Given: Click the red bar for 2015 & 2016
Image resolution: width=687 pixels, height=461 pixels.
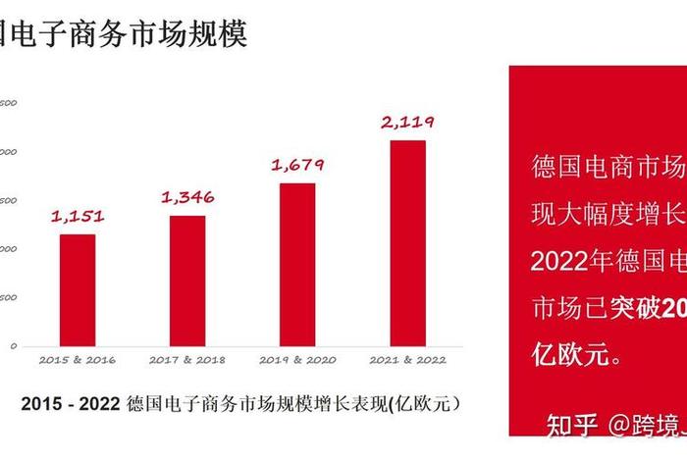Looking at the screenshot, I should (78, 289).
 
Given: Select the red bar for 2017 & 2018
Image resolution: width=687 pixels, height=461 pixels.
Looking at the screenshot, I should (187, 281).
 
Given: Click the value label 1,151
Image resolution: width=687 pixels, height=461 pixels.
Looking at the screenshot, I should (78, 216).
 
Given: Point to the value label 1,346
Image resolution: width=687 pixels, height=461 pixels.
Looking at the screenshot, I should (187, 197).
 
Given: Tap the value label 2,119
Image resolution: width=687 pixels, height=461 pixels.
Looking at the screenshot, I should (407, 123).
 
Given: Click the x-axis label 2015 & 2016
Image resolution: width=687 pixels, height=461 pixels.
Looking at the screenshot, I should (78, 360).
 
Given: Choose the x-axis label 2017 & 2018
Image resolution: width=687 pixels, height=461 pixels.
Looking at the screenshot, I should (187, 360).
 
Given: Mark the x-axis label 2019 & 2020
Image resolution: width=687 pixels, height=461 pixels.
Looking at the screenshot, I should (297, 360).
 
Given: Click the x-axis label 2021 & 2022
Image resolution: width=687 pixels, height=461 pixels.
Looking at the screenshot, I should (407, 360).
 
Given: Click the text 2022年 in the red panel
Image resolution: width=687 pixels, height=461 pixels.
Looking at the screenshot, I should (571, 262).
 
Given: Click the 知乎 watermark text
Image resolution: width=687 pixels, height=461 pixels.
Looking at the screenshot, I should (571, 426).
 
